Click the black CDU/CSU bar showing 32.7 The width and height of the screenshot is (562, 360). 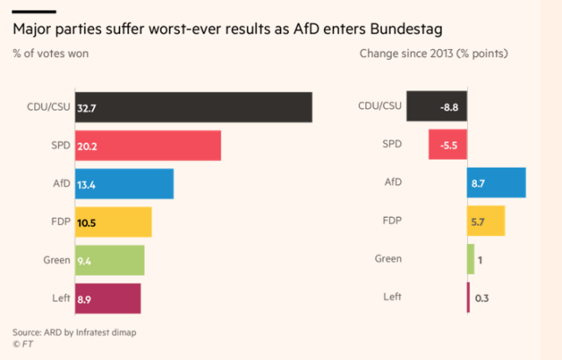tap(193, 107)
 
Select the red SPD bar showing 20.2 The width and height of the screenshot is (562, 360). tap(148, 146)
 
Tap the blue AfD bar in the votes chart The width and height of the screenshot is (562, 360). tap(124, 184)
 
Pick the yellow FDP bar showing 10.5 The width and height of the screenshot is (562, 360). tap(113, 222)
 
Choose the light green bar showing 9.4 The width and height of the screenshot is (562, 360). tap(110, 260)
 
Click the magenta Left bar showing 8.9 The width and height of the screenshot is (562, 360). tap(108, 299)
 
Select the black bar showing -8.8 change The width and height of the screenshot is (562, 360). tap(436, 107)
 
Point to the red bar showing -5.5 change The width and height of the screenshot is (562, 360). tap(448, 145)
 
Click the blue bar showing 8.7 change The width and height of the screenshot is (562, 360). tap(496, 183)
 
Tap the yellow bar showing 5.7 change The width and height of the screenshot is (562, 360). tap(486, 221)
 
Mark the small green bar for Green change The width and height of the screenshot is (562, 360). tap(471, 259)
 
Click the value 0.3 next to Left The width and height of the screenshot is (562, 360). tap(481, 299)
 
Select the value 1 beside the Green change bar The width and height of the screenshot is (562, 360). tap(481, 260)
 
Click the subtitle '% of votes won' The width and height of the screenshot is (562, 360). tap(50, 54)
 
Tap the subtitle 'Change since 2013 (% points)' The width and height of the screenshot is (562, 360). tap(434, 54)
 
